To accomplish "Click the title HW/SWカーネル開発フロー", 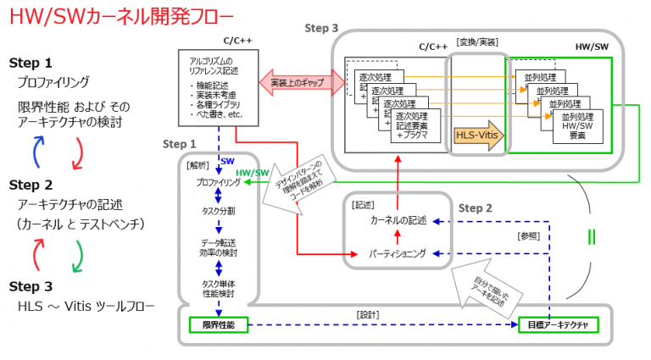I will coord(118,17).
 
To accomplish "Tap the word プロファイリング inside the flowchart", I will coord(218,182).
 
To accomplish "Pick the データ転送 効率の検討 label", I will coord(218,247).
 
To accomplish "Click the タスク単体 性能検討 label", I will coord(218,288).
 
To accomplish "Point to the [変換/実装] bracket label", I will coord(478,41).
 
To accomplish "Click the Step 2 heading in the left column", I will coord(31,185).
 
